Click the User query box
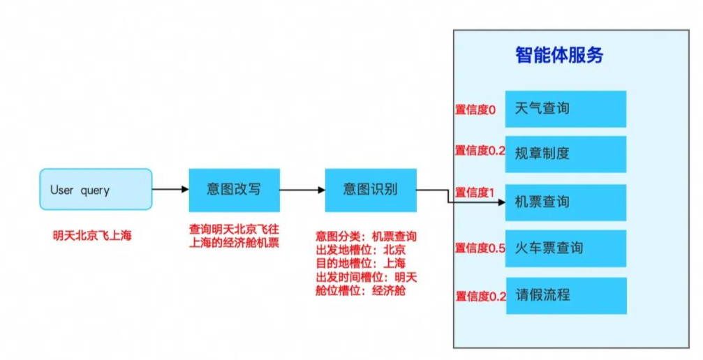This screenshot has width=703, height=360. click(x=95, y=189)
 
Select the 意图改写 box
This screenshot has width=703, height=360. click(x=234, y=190)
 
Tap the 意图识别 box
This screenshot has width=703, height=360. click(x=370, y=190)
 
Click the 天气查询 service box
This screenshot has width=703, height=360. click(x=565, y=109)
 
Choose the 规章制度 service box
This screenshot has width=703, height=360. click(x=565, y=153)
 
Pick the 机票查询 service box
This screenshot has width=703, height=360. click(x=565, y=202)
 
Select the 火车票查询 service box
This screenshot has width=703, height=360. click(x=565, y=248)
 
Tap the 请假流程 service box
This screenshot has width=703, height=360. click(x=565, y=295)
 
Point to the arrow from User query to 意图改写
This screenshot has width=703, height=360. click(x=170, y=190)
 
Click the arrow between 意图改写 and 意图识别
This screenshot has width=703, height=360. click(x=302, y=190)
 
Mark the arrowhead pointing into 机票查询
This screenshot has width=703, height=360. click(x=501, y=203)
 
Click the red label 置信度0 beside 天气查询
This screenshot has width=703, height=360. click(x=475, y=110)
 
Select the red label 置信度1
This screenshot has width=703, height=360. click(x=475, y=192)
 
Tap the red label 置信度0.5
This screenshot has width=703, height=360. click(x=480, y=248)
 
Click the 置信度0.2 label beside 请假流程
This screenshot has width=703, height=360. click(x=480, y=297)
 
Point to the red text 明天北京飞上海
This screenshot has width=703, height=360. click(x=92, y=235)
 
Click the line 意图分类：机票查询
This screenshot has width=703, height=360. click(x=366, y=237)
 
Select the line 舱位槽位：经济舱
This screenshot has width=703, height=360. click(x=360, y=290)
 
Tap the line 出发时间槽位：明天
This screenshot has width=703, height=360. click(x=366, y=277)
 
